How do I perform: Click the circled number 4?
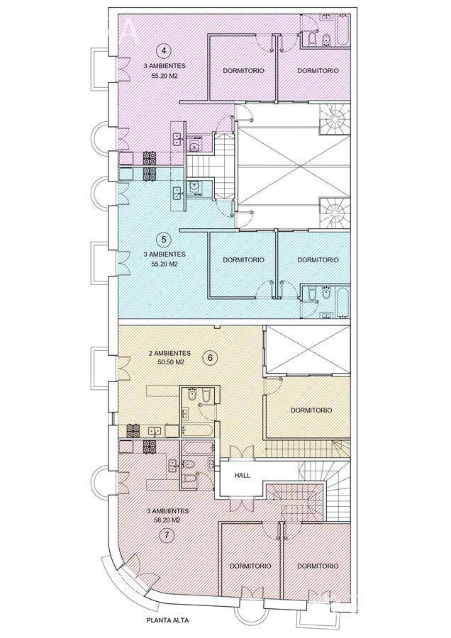(164, 51)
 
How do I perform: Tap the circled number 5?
(164, 240)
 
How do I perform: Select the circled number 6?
(211, 358)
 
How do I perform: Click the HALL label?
(243, 475)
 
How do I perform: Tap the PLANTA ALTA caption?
(167, 620)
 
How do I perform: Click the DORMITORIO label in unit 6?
(311, 410)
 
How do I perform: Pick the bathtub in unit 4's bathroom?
(343, 30)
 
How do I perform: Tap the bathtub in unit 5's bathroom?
(343, 302)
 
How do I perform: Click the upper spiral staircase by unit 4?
(335, 118)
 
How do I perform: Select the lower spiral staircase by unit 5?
(335, 213)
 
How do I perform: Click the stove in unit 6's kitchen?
(133, 431)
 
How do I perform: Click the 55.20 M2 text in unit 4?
(164, 76)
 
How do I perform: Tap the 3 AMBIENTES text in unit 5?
(164, 254)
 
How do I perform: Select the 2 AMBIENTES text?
(169, 353)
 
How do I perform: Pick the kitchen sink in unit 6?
(154, 431)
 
